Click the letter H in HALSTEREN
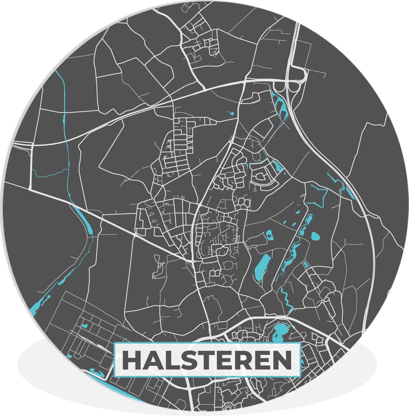click(131, 361)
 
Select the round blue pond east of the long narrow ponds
click(315, 236)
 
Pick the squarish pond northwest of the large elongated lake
click(269, 235)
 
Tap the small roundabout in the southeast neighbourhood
click(323, 302)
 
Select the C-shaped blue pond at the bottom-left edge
click(97, 373)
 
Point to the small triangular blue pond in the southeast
click(305, 264)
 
